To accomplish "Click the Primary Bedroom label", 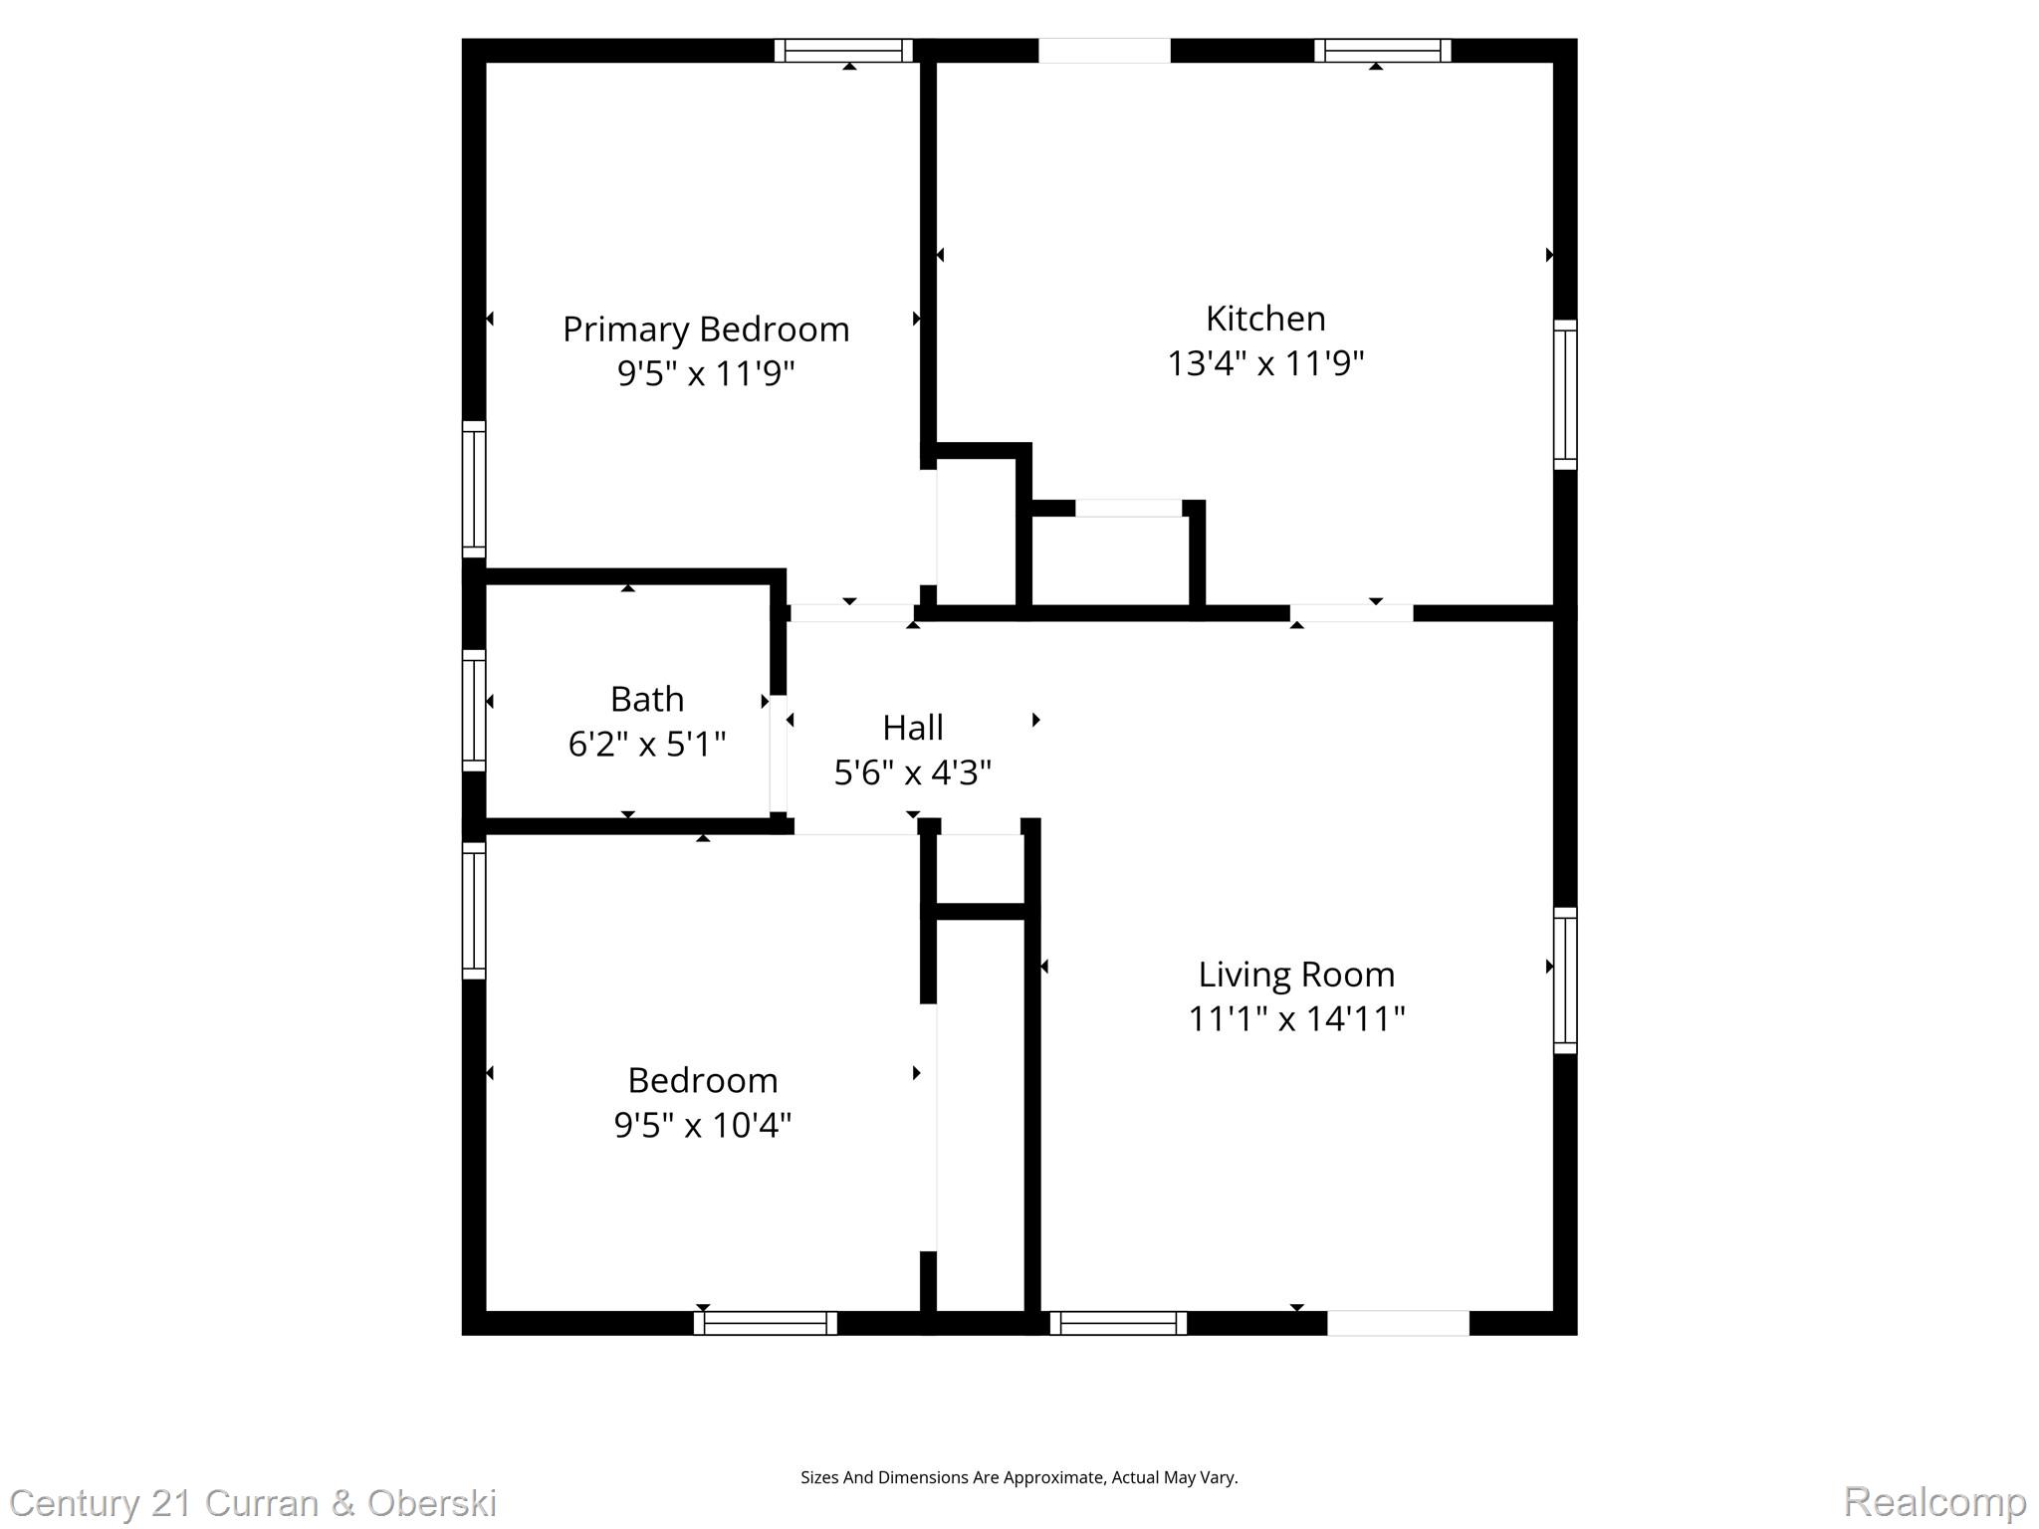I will point(706,329).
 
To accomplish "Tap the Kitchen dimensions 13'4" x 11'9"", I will point(1264,363).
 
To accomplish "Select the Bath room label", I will point(646,699).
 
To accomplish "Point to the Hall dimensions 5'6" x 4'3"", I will point(912,772).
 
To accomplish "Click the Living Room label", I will point(1295,974).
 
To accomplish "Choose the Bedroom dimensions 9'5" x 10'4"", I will point(702,1125).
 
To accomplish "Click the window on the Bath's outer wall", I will point(474,711).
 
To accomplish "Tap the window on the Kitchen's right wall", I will point(1565,394).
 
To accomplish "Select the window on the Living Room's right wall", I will point(1565,981).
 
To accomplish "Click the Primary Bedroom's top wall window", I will point(843,50).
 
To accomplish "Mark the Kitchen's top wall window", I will point(1382,50).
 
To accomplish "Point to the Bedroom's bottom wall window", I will point(765,1323).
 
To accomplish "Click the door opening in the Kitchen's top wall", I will point(1104,50).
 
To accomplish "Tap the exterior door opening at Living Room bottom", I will point(1397,1323).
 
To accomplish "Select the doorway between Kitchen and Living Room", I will point(1351,613).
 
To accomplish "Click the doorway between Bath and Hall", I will point(779,754).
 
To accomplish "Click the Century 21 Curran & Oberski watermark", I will point(253,1503).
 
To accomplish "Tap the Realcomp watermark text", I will point(1934,1501).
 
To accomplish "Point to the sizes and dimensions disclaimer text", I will point(1019,1477).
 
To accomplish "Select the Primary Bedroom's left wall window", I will point(474,489).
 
